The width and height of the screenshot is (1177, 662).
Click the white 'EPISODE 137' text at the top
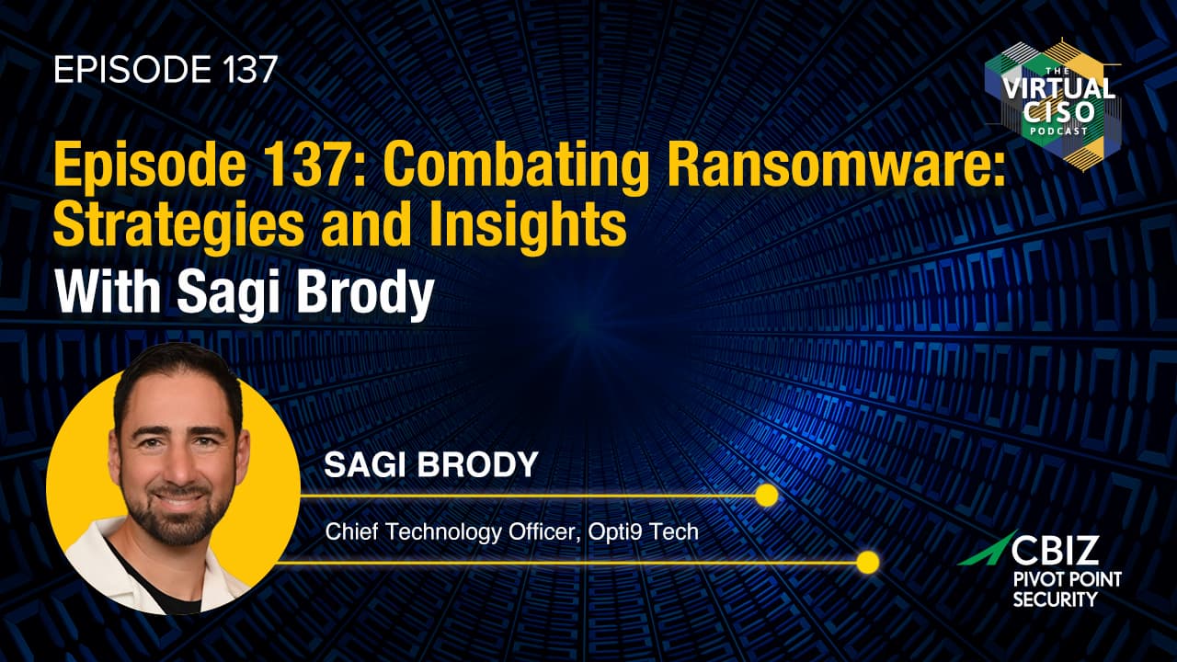tap(166, 69)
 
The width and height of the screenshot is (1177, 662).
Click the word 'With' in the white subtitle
tap(108, 291)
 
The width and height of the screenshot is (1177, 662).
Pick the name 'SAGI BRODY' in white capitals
tap(431, 464)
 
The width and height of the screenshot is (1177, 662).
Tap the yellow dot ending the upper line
tap(767, 496)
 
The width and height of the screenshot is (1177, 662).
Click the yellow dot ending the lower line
tap(867, 562)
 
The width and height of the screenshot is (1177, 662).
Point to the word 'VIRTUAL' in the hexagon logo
tap(1058, 88)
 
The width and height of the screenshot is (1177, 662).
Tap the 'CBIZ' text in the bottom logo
tap(1055, 549)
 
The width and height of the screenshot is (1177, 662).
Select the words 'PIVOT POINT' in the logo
tap(1068, 580)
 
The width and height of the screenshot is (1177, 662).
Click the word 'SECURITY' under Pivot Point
tap(1055, 599)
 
